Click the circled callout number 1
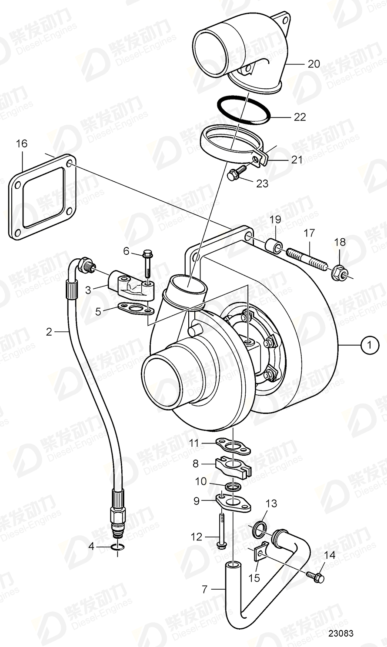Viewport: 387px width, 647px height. [x=370, y=346]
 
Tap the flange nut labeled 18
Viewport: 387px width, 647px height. [x=339, y=273]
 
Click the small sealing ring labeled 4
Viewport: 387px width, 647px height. [x=117, y=547]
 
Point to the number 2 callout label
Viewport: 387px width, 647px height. [x=49, y=332]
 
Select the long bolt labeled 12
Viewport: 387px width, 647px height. [x=221, y=530]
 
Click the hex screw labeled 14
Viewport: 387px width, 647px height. [x=317, y=577]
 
